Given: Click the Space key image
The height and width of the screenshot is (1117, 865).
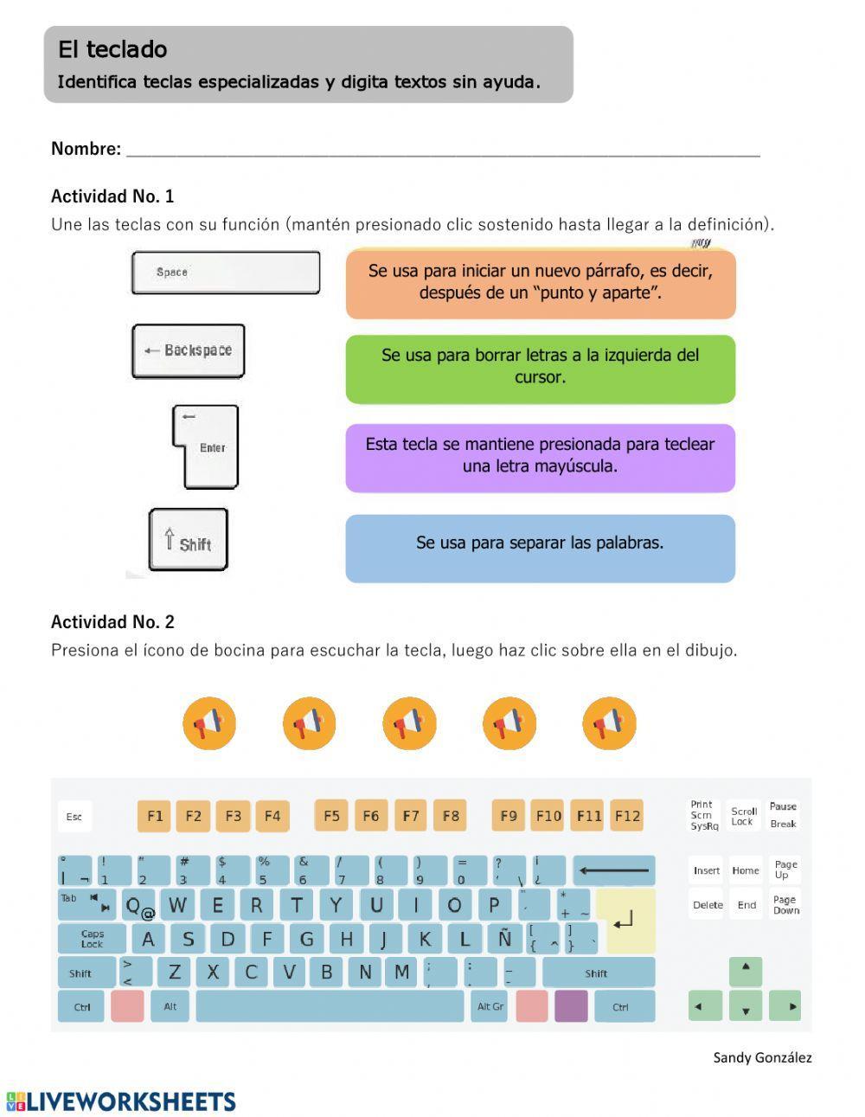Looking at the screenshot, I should coord(226,273).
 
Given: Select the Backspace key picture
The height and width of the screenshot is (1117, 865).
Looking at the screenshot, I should coord(189,351).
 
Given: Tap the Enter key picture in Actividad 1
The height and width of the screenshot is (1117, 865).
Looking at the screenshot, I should coord(207,447).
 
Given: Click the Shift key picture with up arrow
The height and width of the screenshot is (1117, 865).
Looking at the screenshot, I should coord(189,540).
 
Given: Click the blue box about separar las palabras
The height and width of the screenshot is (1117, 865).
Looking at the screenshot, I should coord(540,548).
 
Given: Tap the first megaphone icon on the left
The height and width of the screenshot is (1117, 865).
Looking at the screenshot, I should coord(209,723).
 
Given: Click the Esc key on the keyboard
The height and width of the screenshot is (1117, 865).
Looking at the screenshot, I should coord(74,817).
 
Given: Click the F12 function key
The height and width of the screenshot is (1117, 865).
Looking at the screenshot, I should coord(627,816).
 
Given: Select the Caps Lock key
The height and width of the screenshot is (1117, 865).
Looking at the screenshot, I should coord(93,939).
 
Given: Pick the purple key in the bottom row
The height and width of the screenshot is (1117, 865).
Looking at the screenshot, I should coord(571,1006).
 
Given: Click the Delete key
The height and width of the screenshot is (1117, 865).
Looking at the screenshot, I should coord(708,905).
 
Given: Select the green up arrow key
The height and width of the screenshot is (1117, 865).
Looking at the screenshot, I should coord(746,971).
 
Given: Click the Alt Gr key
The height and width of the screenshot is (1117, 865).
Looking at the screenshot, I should coord(490,1006).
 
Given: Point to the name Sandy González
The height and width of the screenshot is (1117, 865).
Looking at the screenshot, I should coord(762,1057).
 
